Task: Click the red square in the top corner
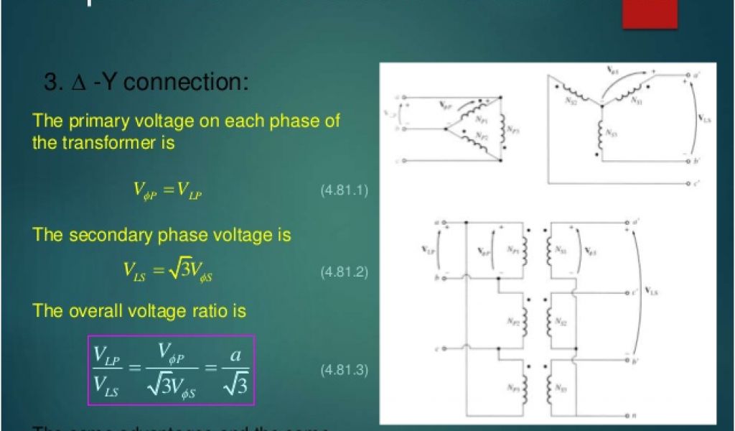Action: tap(650, 13)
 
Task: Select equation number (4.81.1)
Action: tap(344, 191)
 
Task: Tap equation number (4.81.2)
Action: tap(344, 273)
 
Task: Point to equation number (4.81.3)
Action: tap(344, 371)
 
